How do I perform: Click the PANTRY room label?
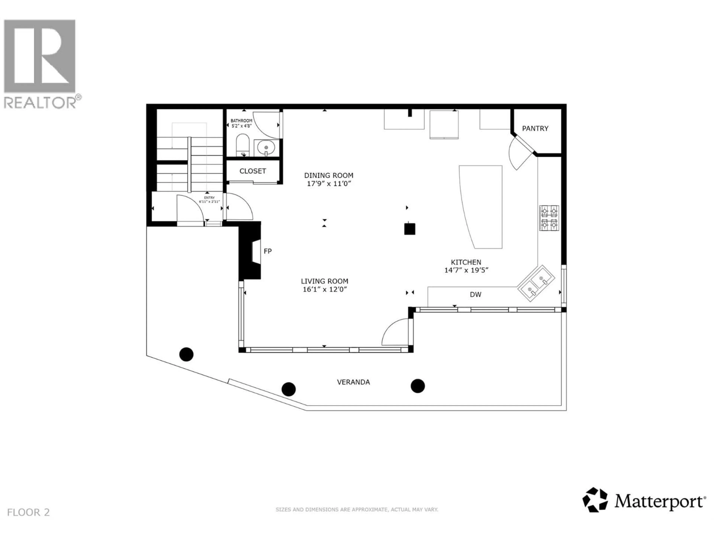click(x=535, y=128)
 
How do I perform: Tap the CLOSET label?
click(x=253, y=171)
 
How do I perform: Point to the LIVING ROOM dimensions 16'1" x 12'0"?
click(x=324, y=289)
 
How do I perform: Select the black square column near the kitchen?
click(x=410, y=229)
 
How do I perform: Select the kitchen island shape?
click(x=483, y=206)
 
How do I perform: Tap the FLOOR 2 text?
click(x=28, y=512)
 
